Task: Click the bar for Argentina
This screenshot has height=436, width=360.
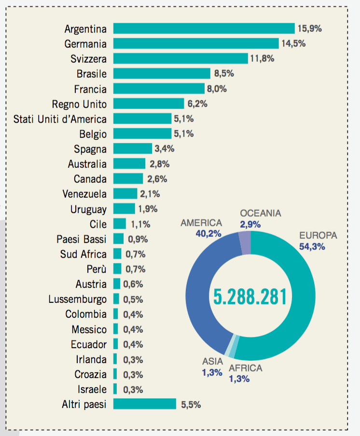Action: click(x=204, y=28)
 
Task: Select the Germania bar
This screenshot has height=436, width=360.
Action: click(x=196, y=43)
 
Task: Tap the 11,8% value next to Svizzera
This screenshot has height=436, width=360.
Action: click(x=262, y=59)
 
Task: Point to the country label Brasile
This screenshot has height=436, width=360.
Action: click(x=91, y=74)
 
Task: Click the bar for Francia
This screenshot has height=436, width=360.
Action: click(x=159, y=89)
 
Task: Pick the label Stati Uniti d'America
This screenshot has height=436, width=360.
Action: click(x=60, y=119)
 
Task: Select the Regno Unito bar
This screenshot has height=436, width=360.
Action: click(x=149, y=104)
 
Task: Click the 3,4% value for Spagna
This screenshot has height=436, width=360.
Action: click(x=164, y=149)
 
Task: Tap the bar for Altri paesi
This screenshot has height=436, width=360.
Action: click(x=145, y=404)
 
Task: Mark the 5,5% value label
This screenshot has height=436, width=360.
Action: click(x=191, y=404)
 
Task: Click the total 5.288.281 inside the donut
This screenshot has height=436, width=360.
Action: click(x=250, y=297)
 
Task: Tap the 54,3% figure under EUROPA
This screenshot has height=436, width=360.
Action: click(x=312, y=246)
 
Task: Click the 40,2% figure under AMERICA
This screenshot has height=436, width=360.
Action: click(x=208, y=233)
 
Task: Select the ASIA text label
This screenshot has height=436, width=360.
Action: click(x=212, y=361)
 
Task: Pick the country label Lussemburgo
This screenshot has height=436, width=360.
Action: click(x=77, y=299)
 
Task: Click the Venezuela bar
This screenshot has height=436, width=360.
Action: click(x=125, y=194)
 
